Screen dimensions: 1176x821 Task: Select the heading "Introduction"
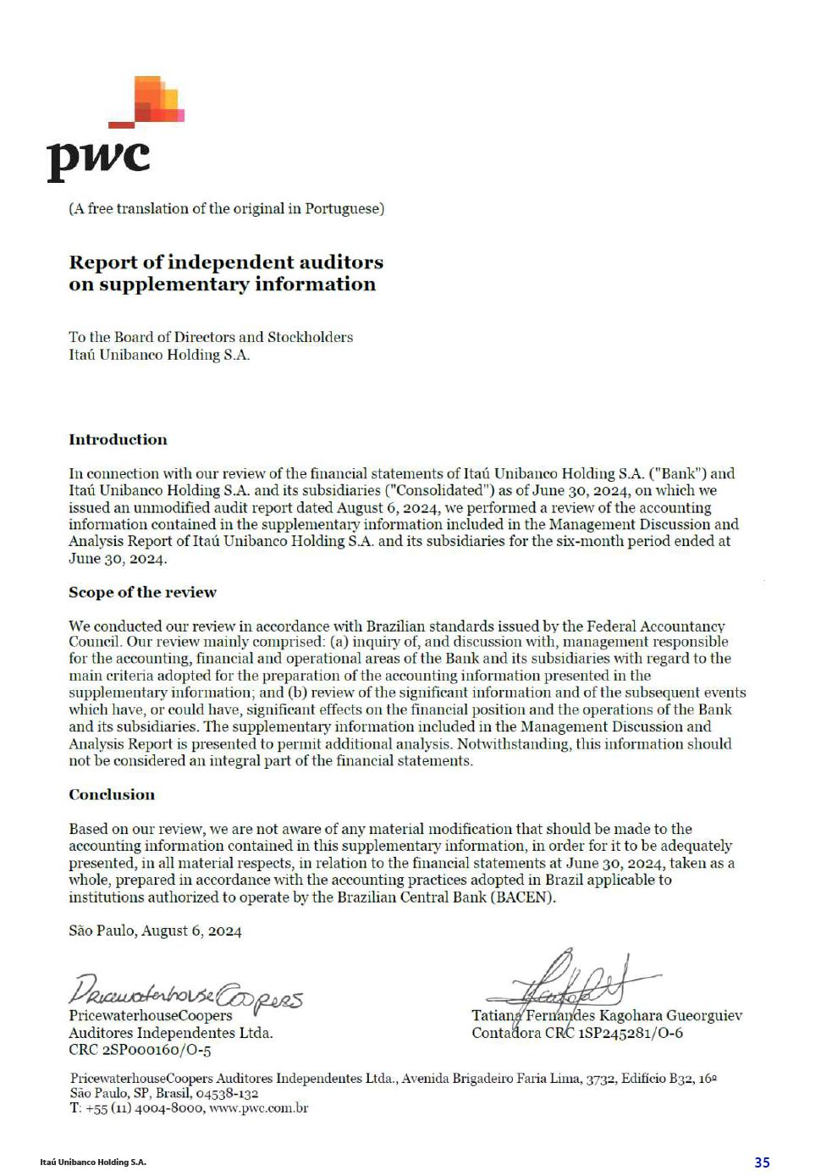[118, 439]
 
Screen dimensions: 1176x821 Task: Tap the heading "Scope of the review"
[142, 592]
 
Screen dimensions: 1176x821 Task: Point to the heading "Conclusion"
[112, 794]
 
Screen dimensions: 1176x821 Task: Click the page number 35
[762, 1162]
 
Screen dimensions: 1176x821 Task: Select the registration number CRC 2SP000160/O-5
[140, 1050]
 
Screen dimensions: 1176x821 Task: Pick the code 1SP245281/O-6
[631, 1033]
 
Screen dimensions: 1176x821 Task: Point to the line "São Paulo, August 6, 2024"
[155, 930]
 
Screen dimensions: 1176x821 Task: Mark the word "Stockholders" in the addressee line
[310, 337]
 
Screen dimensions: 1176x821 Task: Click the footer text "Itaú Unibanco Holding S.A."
[93, 1162]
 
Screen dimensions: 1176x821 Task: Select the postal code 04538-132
[227, 1093]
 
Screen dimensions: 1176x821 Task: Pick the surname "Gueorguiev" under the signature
[704, 1015]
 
